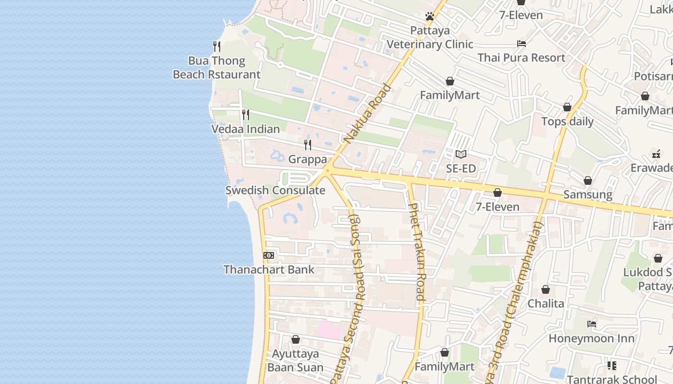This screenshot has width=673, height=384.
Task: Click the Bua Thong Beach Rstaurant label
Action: pos(216,68)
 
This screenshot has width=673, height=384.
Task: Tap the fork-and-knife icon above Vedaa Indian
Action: pos(246,115)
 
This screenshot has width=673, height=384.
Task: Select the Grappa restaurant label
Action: pos(308,159)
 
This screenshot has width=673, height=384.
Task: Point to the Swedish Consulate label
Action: pos(275,190)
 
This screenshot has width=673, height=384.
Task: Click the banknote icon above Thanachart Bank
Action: pos(269,255)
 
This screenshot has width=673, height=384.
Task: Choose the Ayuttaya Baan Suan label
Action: pos(296,360)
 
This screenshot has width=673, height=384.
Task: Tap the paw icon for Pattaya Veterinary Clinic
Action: pos(430,17)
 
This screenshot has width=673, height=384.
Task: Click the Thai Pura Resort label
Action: pos(521,58)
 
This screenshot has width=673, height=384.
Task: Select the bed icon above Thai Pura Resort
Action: pos(522,44)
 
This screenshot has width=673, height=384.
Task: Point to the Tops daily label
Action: pos(568,121)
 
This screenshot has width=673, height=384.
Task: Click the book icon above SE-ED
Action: pos(461,155)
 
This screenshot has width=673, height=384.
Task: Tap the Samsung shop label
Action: pos(588,194)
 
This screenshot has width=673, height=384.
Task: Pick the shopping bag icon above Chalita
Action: pos(546,289)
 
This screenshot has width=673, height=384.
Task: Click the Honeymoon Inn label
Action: pos(592,338)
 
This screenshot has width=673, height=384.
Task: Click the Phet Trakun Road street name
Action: pos(417,252)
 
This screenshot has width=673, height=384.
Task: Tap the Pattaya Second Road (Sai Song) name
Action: pos(355,298)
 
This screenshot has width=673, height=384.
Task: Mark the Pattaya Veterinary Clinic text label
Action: pos(430,37)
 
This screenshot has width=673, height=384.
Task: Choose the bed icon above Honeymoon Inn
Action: pos(592,324)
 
